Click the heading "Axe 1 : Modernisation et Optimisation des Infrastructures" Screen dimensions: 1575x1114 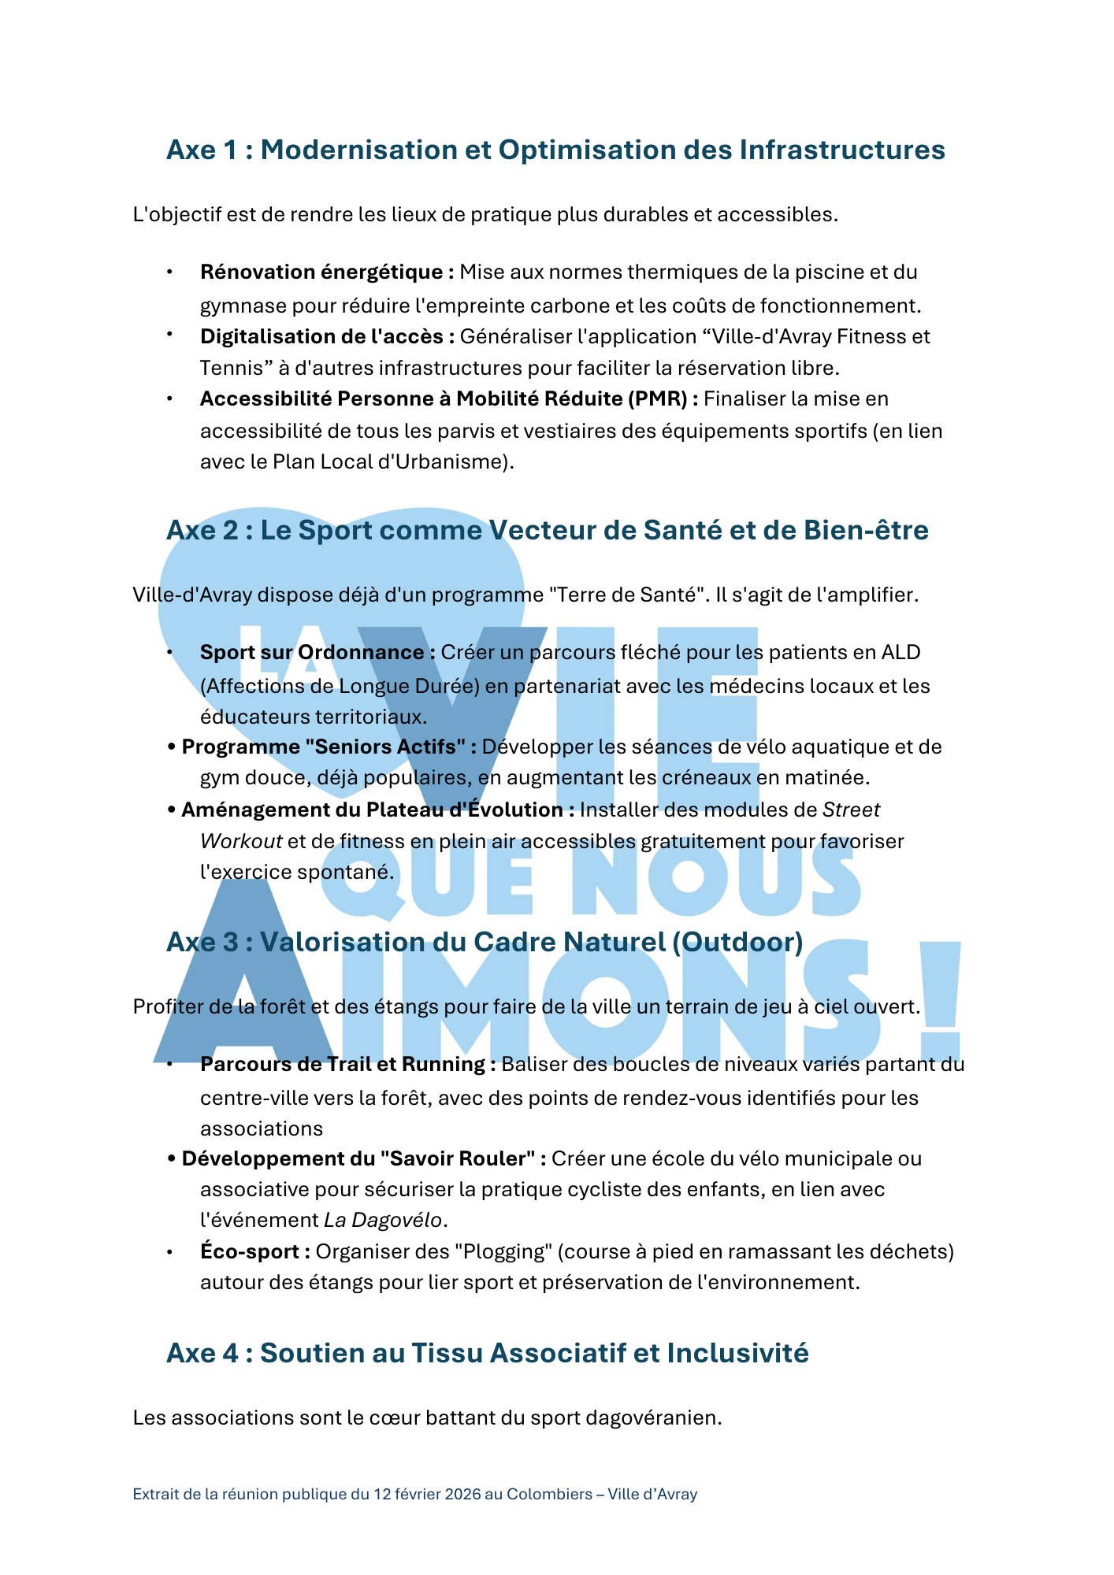click(555, 150)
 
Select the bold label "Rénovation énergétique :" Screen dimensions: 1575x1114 click(326, 272)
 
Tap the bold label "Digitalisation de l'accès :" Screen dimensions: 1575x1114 click(327, 337)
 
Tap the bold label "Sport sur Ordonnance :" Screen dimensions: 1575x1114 click(317, 653)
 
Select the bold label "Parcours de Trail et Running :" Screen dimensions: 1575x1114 click(347, 1065)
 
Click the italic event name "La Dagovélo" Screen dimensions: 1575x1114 click(384, 1221)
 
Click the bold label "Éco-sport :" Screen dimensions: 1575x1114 click(254, 1252)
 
